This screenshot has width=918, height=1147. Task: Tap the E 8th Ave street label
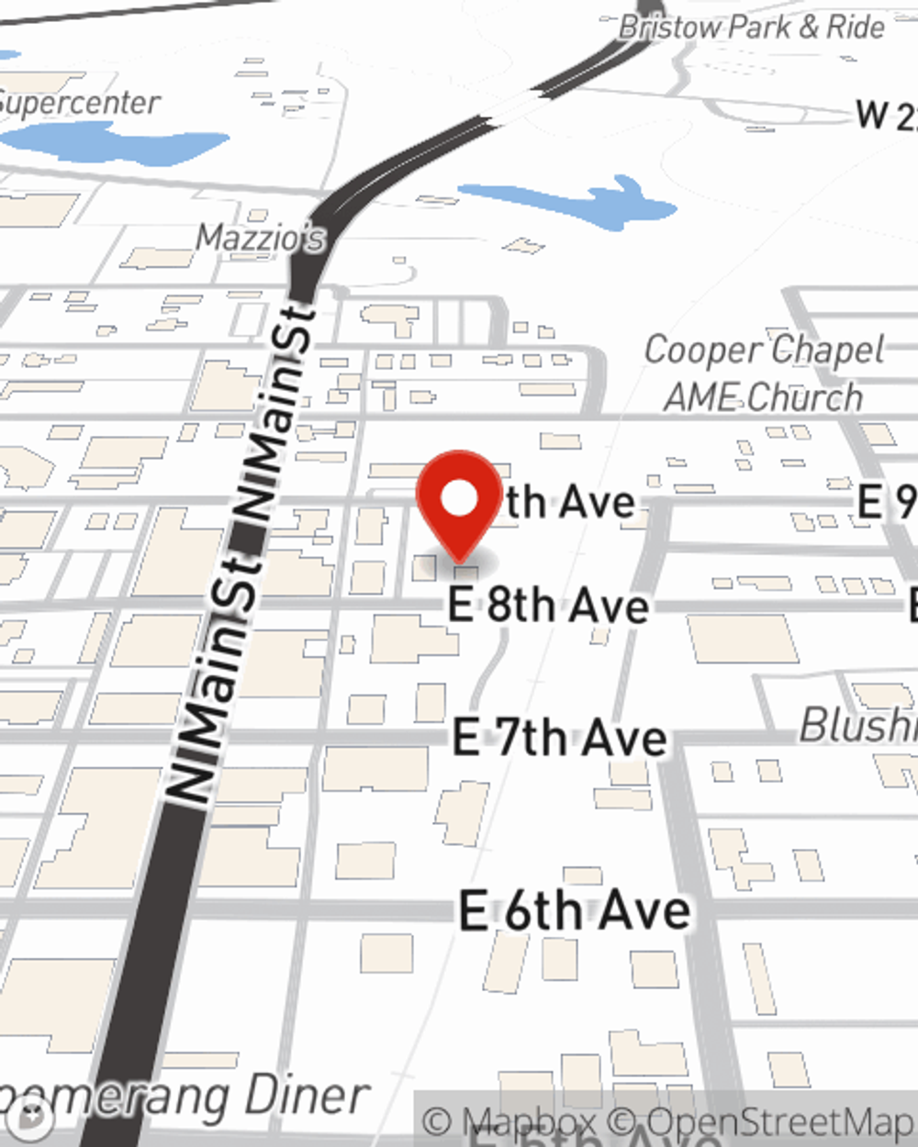tap(548, 606)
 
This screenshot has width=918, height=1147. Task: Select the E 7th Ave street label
tap(559, 739)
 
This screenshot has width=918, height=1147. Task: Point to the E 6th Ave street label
tap(575, 910)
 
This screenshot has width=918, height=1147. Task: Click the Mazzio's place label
tap(261, 239)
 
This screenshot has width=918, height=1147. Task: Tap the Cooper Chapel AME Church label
tap(764, 373)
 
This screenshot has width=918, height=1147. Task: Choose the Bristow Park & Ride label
tap(751, 28)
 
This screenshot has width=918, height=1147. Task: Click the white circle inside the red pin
tap(460, 500)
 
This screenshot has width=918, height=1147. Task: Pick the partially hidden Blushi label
tap(857, 726)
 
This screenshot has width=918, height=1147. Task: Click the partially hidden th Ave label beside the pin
tap(569, 502)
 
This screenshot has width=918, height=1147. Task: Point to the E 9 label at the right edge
tap(887, 502)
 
